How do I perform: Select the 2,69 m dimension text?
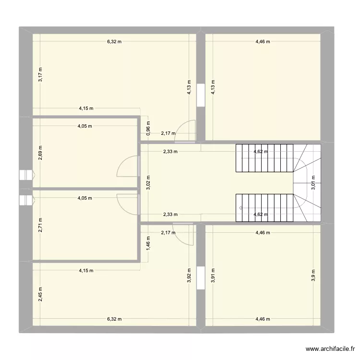(41, 152)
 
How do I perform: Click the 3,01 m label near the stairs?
(313, 183)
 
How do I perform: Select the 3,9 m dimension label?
(313, 276)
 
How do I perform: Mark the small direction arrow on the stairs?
(240, 208)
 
